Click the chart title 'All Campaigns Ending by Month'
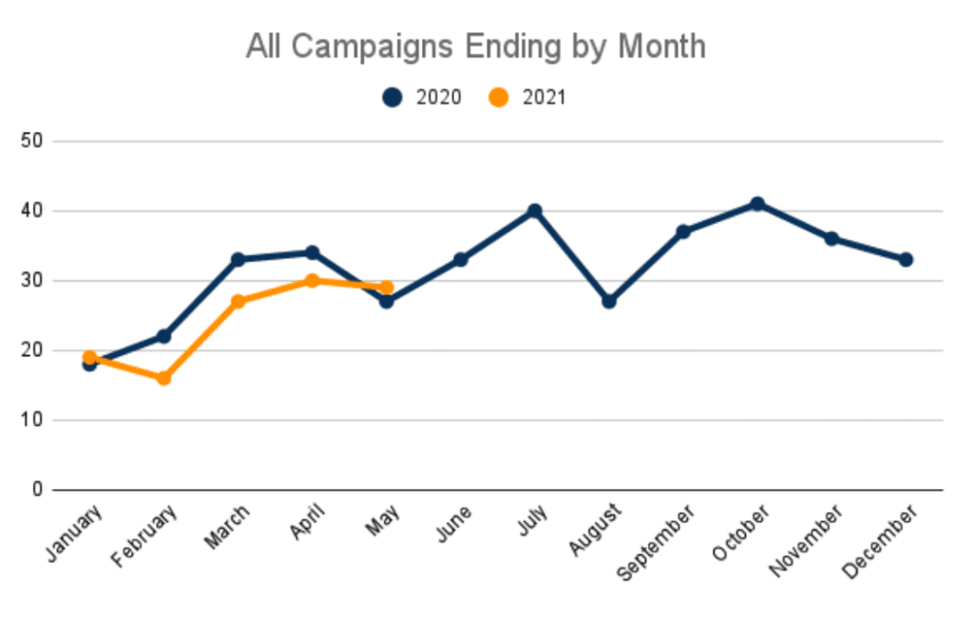475,47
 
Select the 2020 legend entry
424,97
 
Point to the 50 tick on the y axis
35,141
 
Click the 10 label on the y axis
35,420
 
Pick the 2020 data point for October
757,204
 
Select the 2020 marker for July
535,211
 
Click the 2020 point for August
609,301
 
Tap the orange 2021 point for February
163,378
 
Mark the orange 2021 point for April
312,280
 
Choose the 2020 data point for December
906,259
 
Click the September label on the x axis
657,542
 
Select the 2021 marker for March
238,301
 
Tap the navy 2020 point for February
163,336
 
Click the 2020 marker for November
831,238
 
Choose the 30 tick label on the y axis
35,281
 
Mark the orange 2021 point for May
386,287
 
